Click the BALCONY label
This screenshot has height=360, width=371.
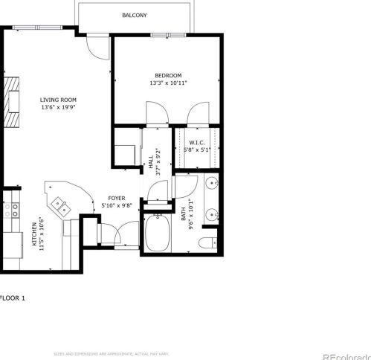pyautogui.click(x=135, y=15)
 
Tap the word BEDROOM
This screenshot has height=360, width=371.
pyautogui.click(x=168, y=75)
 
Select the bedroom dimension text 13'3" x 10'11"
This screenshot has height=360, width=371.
pyautogui.click(x=168, y=83)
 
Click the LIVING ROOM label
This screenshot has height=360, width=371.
pyautogui.click(x=58, y=100)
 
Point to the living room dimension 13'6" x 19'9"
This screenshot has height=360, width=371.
pyautogui.click(x=58, y=107)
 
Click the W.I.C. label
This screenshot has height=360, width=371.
pyautogui.click(x=197, y=142)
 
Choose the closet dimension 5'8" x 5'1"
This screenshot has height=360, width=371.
pyautogui.click(x=197, y=150)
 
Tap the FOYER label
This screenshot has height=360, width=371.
pyautogui.click(x=117, y=198)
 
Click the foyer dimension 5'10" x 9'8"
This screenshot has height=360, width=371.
pyautogui.click(x=117, y=205)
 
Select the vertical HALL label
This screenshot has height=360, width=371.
pyautogui.click(x=150, y=163)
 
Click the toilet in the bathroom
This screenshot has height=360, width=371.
pyautogui.click(x=210, y=240)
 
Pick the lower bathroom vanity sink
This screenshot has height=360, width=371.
pyautogui.click(x=213, y=216)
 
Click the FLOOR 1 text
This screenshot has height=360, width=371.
pyautogui.click(x=12, y=298)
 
